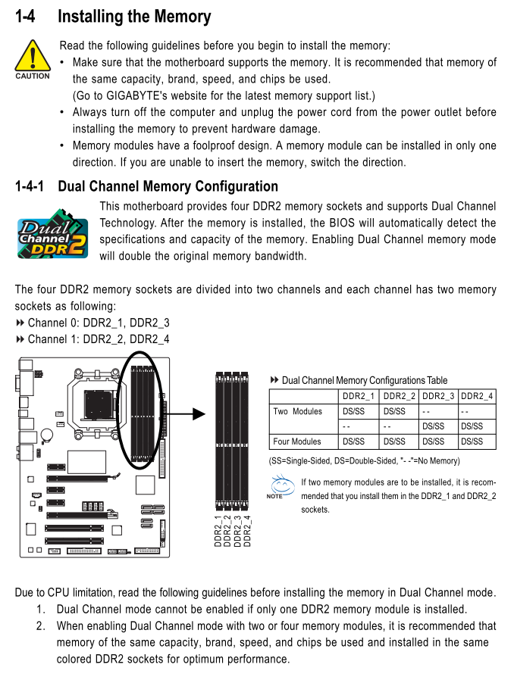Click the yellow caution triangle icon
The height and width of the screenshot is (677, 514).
coord(32,56)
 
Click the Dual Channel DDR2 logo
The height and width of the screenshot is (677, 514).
coord(52,237)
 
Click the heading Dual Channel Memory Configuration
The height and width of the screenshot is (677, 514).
coord(168,186)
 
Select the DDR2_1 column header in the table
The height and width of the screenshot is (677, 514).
coord(359,396)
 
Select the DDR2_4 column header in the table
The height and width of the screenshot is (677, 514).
coord(477,396)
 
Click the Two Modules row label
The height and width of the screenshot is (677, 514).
coord(297,411)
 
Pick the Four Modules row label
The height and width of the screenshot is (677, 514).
coord(297,441)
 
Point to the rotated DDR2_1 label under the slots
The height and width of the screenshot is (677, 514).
coord(218,530)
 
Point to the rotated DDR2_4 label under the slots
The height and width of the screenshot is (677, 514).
coord(246,530)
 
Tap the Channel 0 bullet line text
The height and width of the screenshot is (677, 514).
coord(99,323)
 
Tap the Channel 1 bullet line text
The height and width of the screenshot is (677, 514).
coord(99,339)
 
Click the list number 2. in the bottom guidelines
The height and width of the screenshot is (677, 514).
coord(40,626)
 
